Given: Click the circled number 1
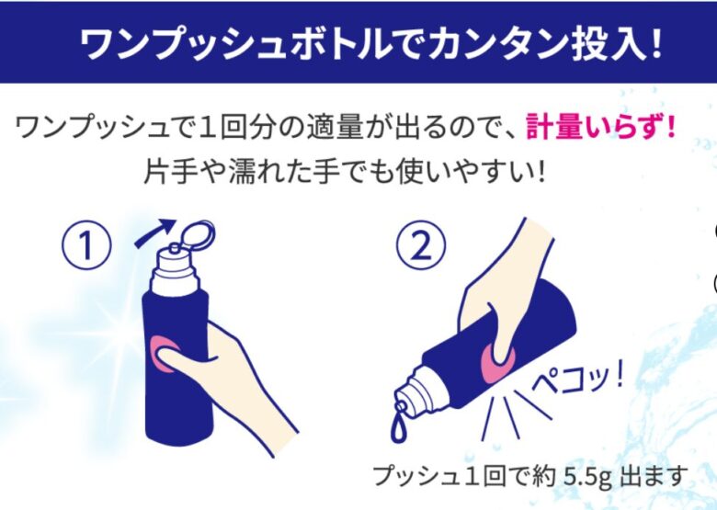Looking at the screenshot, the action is tap(86, 247).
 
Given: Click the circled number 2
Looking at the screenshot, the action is tap(421, 247).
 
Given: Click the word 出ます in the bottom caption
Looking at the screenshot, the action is tap(654, 476).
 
